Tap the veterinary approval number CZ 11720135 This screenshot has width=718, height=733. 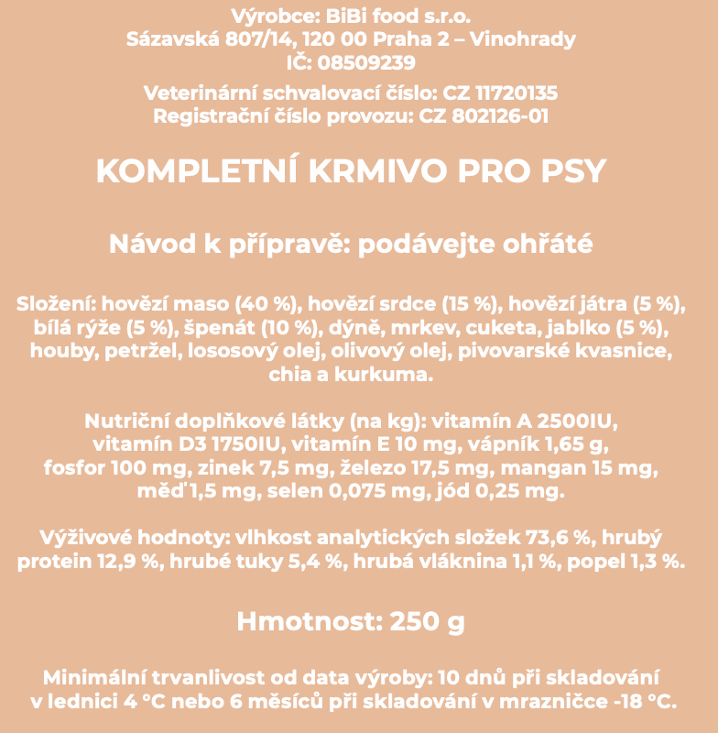point(500,93)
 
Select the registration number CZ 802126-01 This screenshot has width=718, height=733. point(484,116)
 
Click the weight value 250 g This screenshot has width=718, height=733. point(428,622)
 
